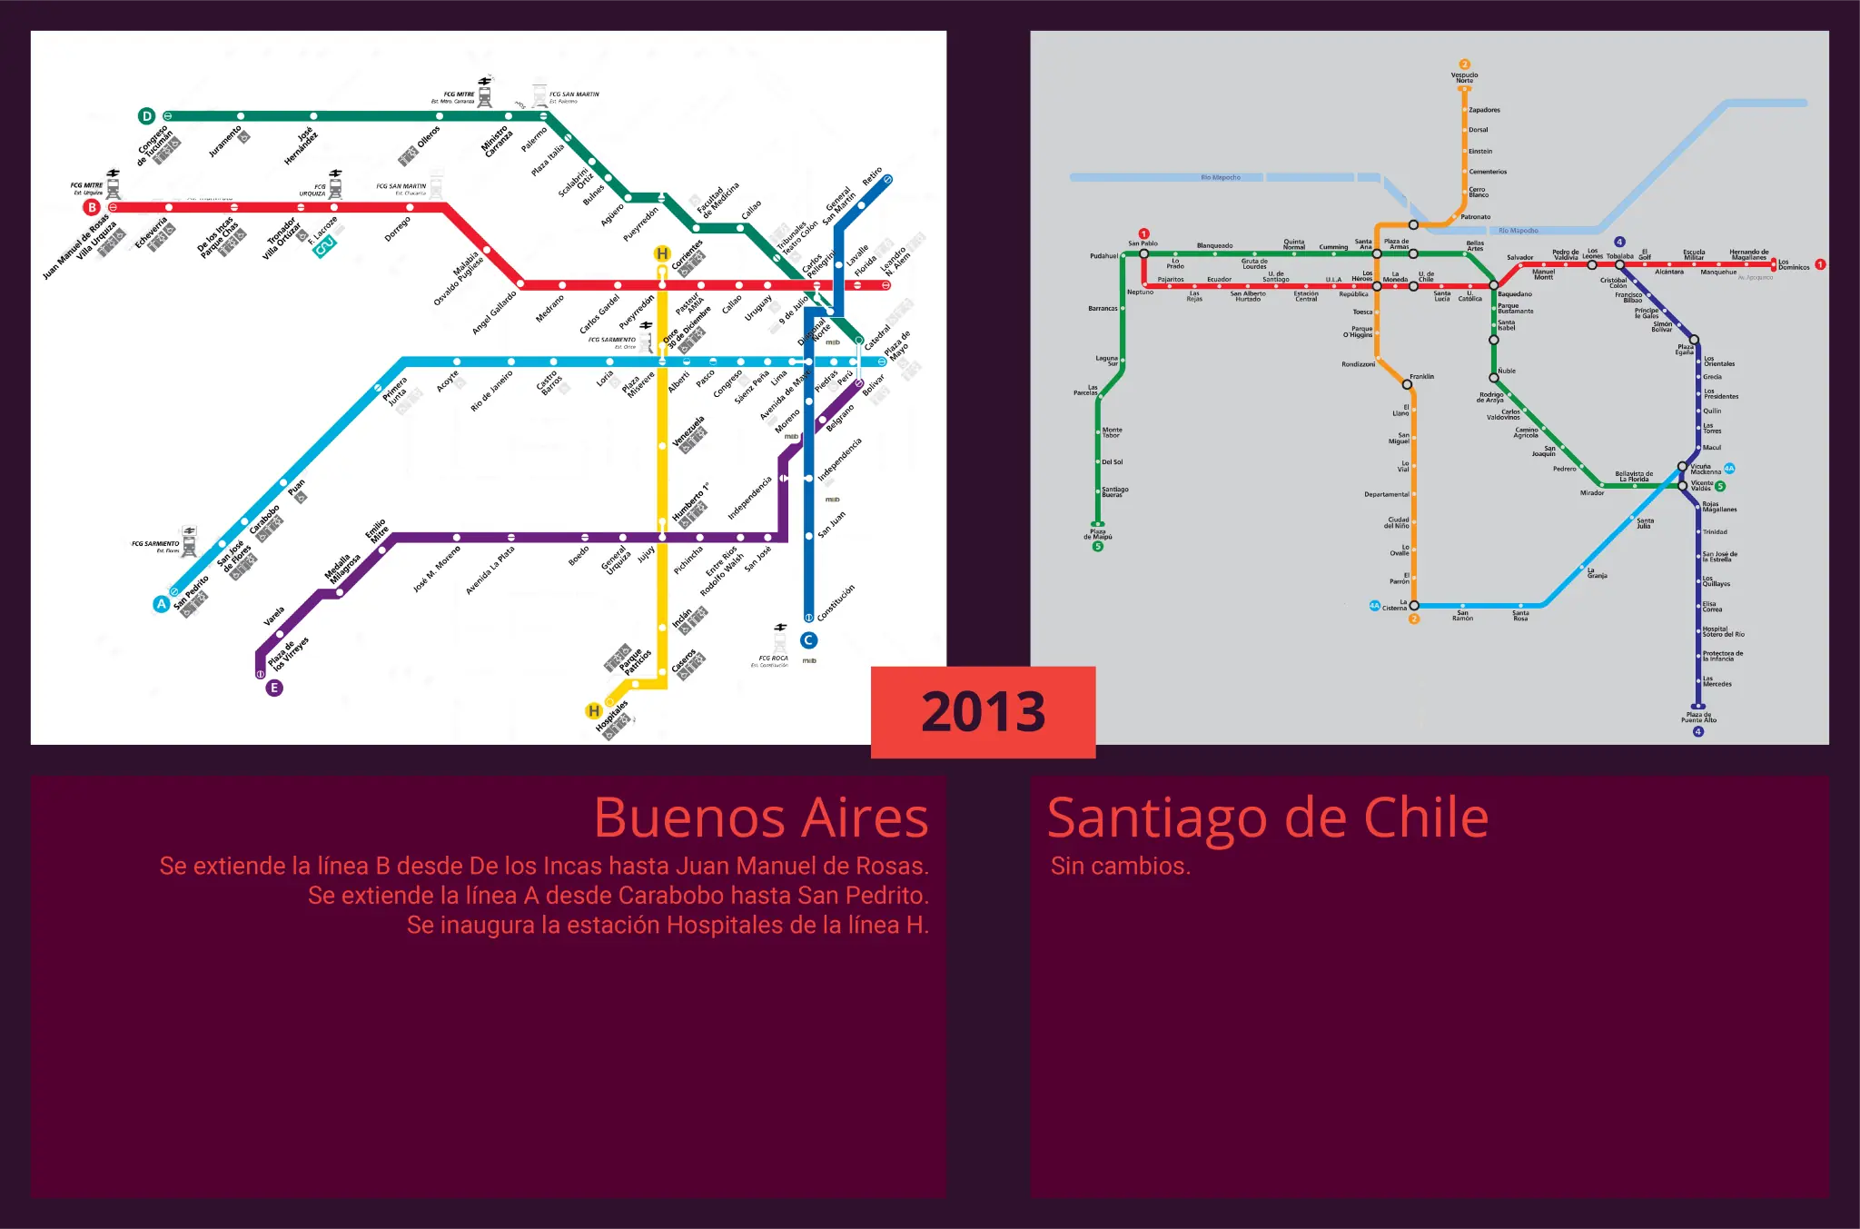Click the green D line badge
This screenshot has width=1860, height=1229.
[x=146, y=116]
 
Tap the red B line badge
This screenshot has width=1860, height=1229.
[x=92, y=207]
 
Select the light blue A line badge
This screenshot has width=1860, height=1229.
[x=161, y=604]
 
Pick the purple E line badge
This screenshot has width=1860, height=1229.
[x=273, y=688]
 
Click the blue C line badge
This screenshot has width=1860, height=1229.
[x=808, y=640]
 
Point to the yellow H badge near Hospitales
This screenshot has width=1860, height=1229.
[x=594, y=710]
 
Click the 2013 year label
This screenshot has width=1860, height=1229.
[x=983, y=712]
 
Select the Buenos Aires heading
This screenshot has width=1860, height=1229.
[x=760, y=818]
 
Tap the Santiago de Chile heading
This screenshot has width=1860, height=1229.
[x=1268, y=818]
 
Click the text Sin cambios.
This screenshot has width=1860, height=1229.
[x=1120, y=866]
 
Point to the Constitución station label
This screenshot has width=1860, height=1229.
[x=836, y=603]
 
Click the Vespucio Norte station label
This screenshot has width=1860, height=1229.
[x=1464, y=78]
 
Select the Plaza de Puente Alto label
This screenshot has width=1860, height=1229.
[x=1698, y=718]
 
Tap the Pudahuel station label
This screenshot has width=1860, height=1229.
[x=1103, y=256]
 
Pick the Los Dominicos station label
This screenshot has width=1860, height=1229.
[x=1794, y=264]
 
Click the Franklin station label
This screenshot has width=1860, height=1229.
[x=1421, y=376]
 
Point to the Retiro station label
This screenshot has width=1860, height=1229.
[x=872, y=176]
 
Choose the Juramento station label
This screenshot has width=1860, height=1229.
[x=225, y=141]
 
